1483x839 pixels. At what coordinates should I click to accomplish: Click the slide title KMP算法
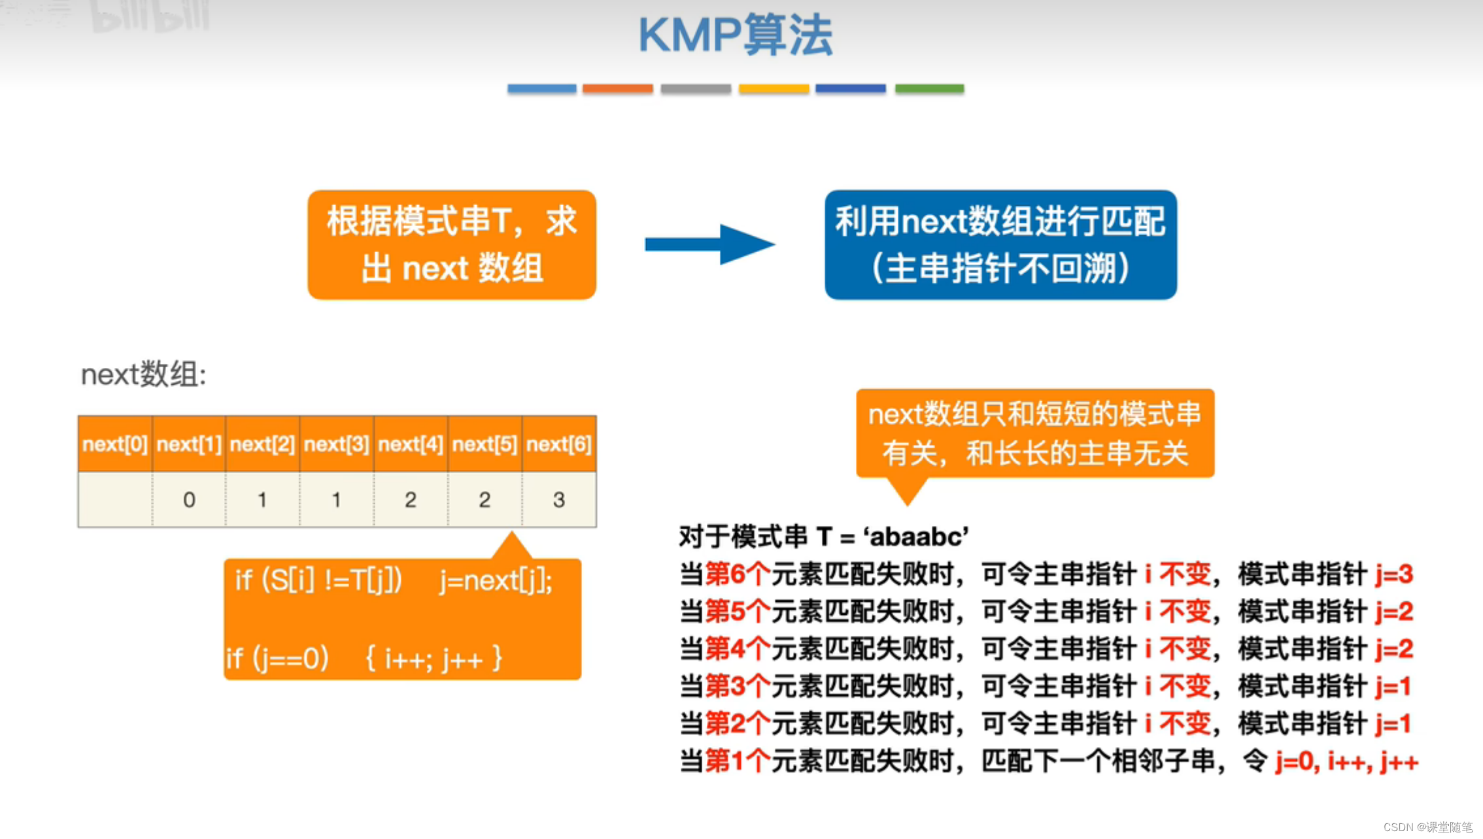pos(735,35)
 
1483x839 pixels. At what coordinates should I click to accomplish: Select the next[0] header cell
pos(115,444)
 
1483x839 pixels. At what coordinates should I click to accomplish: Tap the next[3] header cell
pos(337,444)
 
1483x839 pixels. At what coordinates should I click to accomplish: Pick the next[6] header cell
pos(559,444)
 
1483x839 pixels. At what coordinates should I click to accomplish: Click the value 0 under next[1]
pos(189,500)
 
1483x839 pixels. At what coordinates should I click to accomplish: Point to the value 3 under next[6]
pos(559,500)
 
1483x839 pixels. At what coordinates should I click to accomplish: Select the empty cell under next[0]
pos(115,500)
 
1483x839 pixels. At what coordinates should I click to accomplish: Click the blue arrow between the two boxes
pos(709,244)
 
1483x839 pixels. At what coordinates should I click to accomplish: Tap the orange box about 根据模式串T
pos(452,244)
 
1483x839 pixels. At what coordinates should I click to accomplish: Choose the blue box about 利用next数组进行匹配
pos(1000,244)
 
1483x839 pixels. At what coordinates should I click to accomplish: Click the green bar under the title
pos(929,88)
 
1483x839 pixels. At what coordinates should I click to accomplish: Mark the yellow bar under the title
pos(774,88)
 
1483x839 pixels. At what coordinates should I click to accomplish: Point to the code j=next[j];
pos(496,580)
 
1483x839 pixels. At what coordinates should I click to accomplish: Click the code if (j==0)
pos(277,659)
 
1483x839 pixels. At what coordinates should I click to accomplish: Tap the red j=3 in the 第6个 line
pos(1393,574)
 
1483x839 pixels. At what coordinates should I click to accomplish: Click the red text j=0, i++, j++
pos(1346,761)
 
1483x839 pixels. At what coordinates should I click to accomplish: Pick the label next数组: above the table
pos(143,375)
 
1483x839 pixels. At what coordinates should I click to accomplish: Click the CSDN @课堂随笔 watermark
pos(1427,827)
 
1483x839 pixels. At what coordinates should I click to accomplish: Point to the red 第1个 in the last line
pos(738,761)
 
